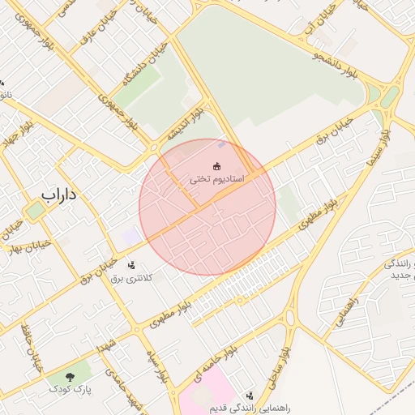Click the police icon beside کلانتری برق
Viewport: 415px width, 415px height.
click(x=131, y=265)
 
